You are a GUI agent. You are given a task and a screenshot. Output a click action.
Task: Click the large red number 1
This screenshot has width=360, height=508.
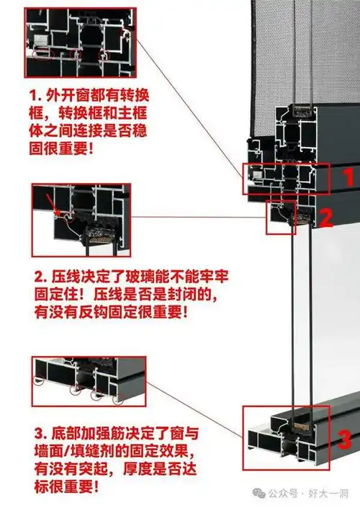(x=346, y=177)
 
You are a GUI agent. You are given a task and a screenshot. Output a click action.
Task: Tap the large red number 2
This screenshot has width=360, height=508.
(x=326, y=217)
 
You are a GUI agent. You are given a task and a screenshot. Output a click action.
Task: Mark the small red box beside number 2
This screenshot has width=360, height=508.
(x=281, y=218)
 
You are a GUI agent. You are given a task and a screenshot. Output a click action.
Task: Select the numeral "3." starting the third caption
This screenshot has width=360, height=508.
(x=40, y=435)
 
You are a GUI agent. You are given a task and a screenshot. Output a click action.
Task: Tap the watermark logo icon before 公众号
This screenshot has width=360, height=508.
(x=258, y=494)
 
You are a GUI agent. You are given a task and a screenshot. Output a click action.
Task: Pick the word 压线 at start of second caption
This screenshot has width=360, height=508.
(x=61, y=277)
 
